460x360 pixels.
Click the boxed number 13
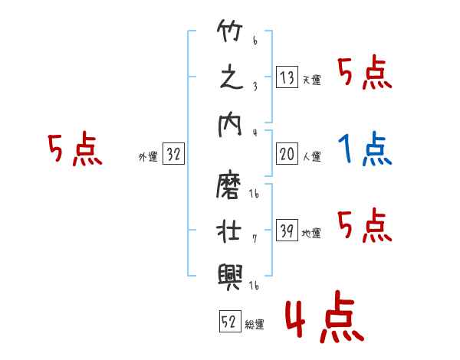tap(287, 77)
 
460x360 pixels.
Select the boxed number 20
tap(287, 155)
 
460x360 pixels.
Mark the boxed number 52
tap(229, 322)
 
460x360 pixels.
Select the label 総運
tap(255, 325)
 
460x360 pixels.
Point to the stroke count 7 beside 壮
tap(255, 238)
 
